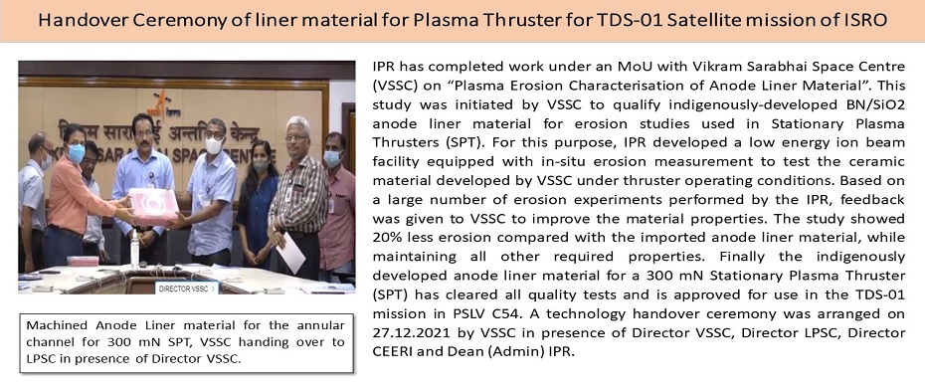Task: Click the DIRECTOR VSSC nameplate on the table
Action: tap(186, 289)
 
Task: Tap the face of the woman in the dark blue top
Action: tap(261, 157)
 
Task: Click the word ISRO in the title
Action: tap(863, 21)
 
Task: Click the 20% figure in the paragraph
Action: tap(387, 237)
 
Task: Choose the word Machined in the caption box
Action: tap(56, 325)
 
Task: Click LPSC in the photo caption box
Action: tap(42, 359)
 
